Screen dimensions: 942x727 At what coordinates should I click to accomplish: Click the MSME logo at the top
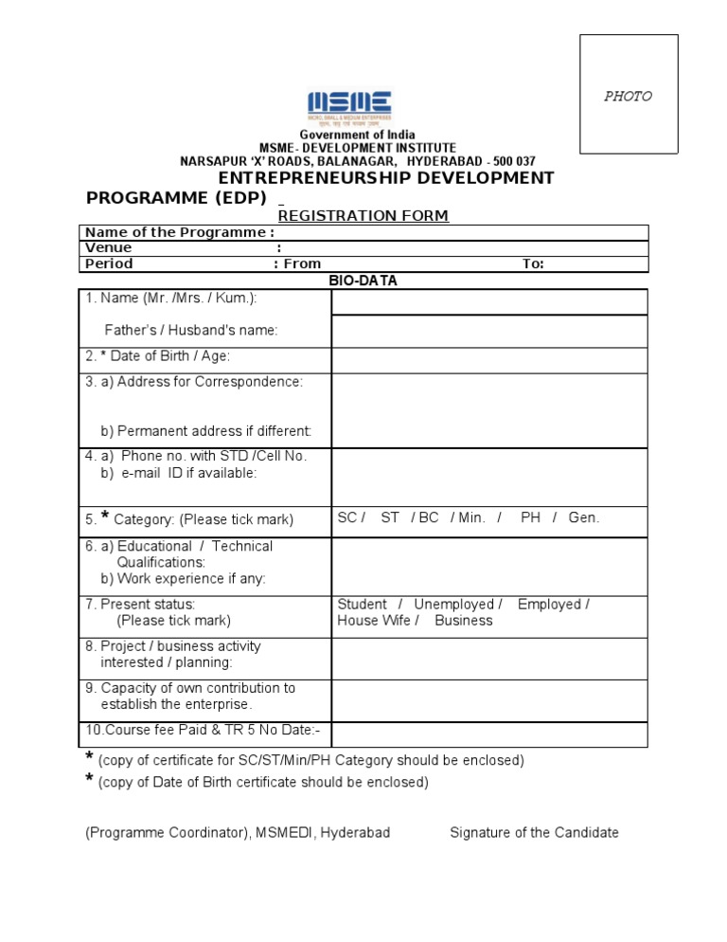click(348, 109)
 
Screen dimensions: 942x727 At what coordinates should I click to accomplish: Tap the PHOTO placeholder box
click(629, 95)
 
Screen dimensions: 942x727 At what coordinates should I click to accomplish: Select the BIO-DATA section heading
click(363, 281)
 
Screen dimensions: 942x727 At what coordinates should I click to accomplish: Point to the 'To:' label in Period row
click(533, 264)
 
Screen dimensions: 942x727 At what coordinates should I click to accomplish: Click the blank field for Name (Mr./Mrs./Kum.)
click(488, 302)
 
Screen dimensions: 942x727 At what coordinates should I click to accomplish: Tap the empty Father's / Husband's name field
click(488, 331)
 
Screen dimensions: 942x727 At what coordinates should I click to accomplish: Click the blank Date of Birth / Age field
click(488, 360)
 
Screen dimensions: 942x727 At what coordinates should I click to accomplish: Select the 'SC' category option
click(346, 518)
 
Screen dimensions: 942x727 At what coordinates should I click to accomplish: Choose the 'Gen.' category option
click(583, 518)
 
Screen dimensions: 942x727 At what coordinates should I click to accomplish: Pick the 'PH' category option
click(530, 518)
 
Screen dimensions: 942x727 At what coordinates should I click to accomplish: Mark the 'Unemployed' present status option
click(454, 605)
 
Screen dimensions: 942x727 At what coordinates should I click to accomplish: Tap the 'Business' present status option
click(463, 621)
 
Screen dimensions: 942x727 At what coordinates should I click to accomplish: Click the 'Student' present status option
click(362, 605)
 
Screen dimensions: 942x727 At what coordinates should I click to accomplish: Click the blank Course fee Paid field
click(488, 734)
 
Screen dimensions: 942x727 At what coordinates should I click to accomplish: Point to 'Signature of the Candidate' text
click(534, 833)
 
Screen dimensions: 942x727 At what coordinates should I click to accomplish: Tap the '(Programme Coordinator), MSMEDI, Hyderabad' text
click(238, 833)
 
